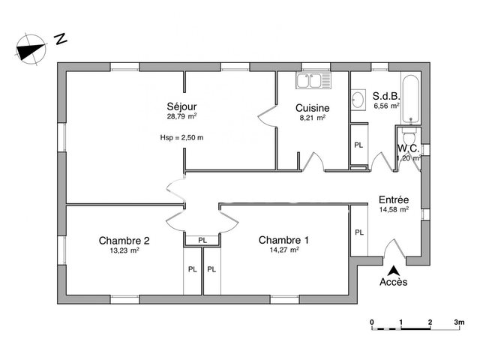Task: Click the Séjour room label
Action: [181, 107]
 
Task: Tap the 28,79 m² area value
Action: [181, 118]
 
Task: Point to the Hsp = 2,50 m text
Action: [181, 137]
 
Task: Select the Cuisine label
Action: [312, 107]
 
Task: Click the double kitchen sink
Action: [312, 79]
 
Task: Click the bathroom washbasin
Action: [357, 97]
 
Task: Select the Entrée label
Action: [394, 200]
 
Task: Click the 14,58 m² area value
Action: [394, 211]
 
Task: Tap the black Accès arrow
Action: [393, 271]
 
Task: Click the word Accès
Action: [394, 283]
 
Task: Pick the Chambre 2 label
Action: [124, 241]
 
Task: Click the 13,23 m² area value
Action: [124, 250]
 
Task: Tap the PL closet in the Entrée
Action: [358, 232]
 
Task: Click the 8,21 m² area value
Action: [312, 118]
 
